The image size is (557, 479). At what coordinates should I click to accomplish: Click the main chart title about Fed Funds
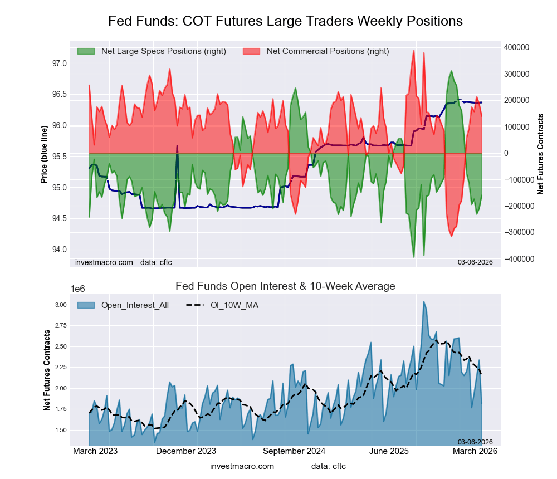pos(285,21)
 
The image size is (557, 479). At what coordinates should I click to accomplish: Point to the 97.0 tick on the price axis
pos(59,63)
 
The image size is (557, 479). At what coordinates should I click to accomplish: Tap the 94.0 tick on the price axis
pos(59,249)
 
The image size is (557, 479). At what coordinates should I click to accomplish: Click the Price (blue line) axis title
pos(44,154)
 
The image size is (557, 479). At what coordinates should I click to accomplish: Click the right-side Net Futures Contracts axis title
pos(540,154)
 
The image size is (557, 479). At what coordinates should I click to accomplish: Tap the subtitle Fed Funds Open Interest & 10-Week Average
pos(285,286)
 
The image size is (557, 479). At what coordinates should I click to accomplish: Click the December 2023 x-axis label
pos(186,451)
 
